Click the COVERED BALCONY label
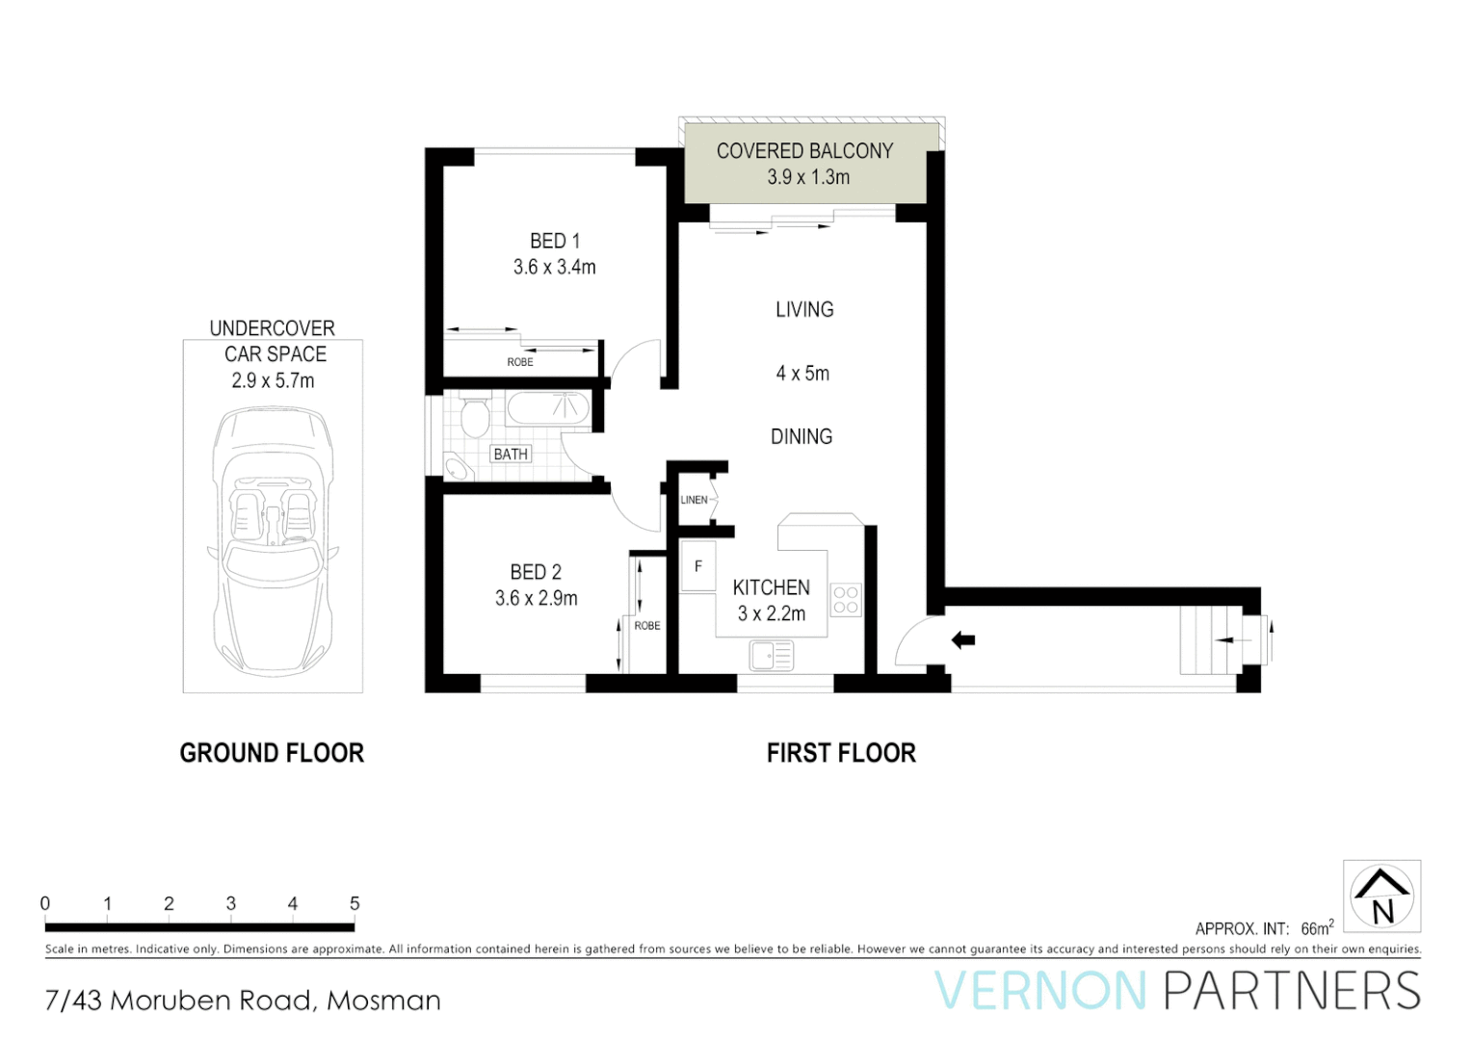[804, 151]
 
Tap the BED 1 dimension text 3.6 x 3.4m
[554, 268]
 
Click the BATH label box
[511, 454]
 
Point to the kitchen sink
[771, 657]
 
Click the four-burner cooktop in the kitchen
[846, 600]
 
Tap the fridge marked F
[698, 567]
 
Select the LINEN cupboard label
[694, 500]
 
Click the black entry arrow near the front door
[962, 640]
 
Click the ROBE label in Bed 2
[647, 626]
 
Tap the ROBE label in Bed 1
[520, 362]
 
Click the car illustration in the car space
[273, 539]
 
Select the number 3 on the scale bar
[231, 903]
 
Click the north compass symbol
[1381, 897]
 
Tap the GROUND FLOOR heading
[272, 753]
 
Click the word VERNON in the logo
[1040, 992]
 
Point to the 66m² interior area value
[1317, 928]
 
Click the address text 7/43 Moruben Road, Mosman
[243, 1001]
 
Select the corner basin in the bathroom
[456, 470]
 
